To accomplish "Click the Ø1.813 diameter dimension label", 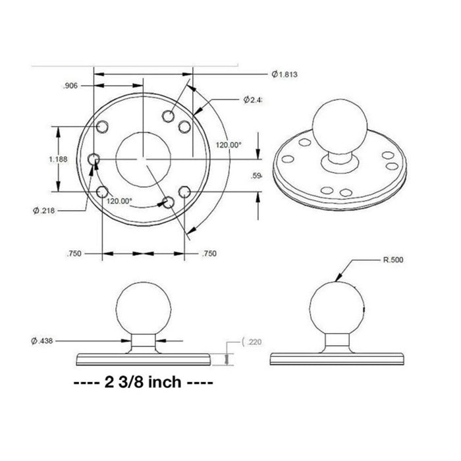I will point(285,74).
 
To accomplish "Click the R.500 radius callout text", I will point(393,260).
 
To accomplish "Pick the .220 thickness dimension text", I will point(255,342).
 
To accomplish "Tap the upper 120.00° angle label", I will point(229,144).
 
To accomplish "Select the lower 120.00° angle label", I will point(119,201).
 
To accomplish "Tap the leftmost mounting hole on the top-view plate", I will point(94,159).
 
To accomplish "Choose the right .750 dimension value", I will point(209,253).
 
